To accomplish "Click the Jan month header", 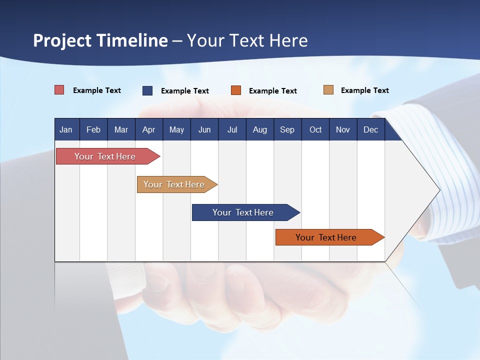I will pos(66,129).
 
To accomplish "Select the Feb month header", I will pos(93,129).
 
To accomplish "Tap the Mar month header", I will pos(121,129).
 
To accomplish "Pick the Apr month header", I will pos(149,129).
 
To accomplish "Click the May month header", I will pos(176,129).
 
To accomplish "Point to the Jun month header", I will pos(204,129).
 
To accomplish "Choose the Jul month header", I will pos(232,129).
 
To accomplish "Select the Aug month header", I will pos(260,129).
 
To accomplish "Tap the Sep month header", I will pos(287,129).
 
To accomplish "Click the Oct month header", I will pos(315,129).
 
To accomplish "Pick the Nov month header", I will pos(343,129).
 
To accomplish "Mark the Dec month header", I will pos(371,129).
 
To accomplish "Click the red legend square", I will pos(59,90).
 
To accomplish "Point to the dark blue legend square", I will pos(147,90).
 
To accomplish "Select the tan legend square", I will pos(328,90).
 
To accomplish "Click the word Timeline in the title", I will pos(132,40).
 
